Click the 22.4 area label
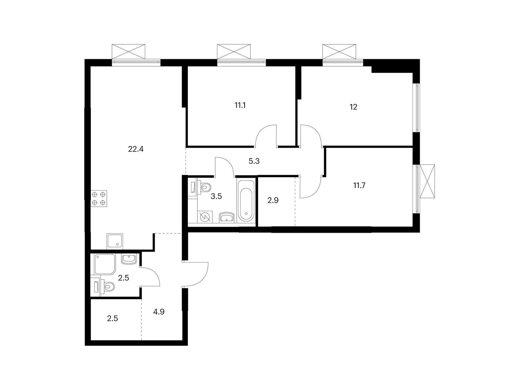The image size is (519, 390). point(136,149)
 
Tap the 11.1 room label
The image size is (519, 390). point(240,105)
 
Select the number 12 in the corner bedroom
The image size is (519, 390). point(353,107)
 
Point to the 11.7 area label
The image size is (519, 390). point(359,186)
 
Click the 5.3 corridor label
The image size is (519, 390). point(254,161)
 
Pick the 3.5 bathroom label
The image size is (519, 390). point(216,196)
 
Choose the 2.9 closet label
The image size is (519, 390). point(273,201)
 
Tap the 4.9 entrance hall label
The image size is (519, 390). point(159,312)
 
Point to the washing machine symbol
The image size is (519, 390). point(204,217)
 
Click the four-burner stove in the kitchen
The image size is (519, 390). point(99,199)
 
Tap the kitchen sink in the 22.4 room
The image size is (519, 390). point(115,241)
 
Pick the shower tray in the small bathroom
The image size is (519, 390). point(105,264)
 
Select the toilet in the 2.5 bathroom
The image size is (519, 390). point(108,287)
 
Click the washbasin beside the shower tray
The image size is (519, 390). point(129,259)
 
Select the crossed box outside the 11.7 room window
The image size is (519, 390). point(427,181)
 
